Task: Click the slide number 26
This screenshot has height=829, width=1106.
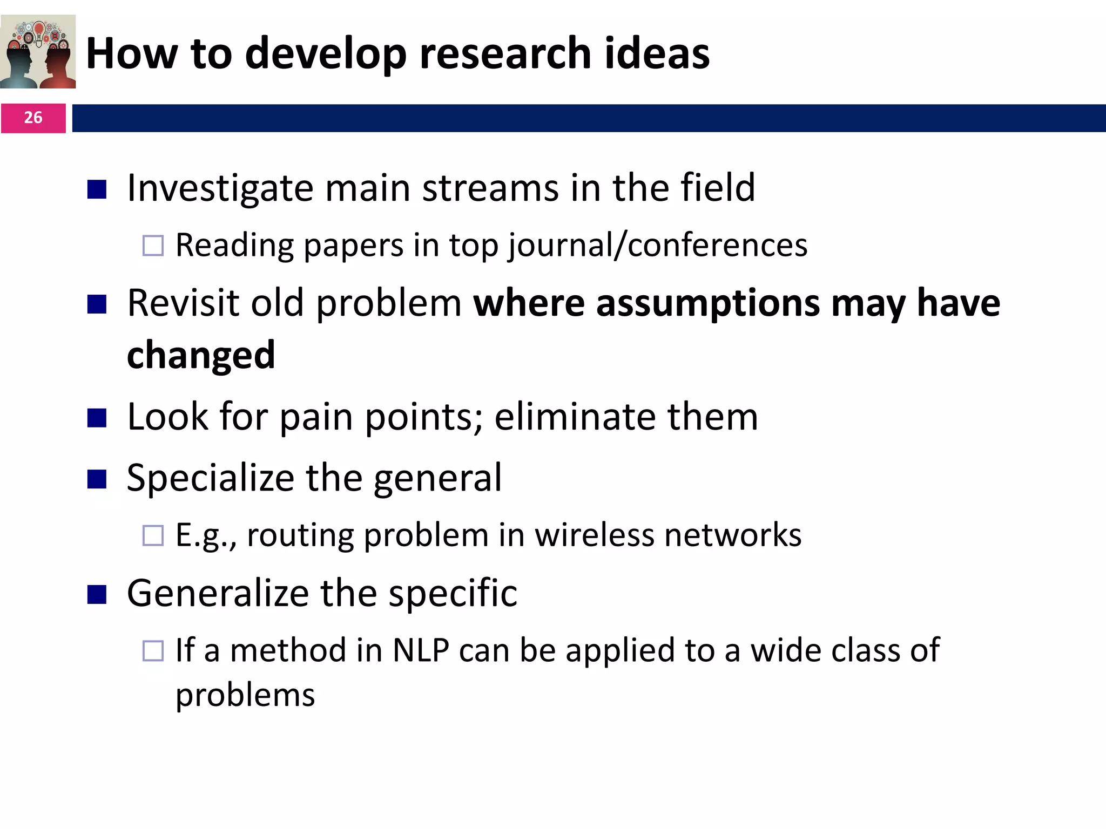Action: pos(33,118)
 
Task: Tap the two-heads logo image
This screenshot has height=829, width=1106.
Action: pos(38,52)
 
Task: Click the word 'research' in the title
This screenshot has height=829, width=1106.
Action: pos(505,53)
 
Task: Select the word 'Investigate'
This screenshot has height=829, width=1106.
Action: pos(219,188)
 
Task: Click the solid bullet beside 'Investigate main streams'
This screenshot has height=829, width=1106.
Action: pos(97,189)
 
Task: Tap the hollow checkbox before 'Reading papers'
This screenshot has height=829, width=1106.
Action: pos(153,246)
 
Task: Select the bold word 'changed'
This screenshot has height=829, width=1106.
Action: pos(201,356)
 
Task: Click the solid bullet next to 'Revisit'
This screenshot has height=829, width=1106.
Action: pos(97,304)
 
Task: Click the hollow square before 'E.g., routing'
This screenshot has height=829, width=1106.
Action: pos(153,535)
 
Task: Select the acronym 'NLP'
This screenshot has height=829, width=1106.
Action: pos(421,650)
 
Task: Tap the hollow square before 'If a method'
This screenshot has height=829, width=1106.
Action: pos(153,651)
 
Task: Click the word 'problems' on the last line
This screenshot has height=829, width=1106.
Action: pos(245,695)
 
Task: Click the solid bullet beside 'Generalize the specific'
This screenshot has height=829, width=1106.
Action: pos(97,595)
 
